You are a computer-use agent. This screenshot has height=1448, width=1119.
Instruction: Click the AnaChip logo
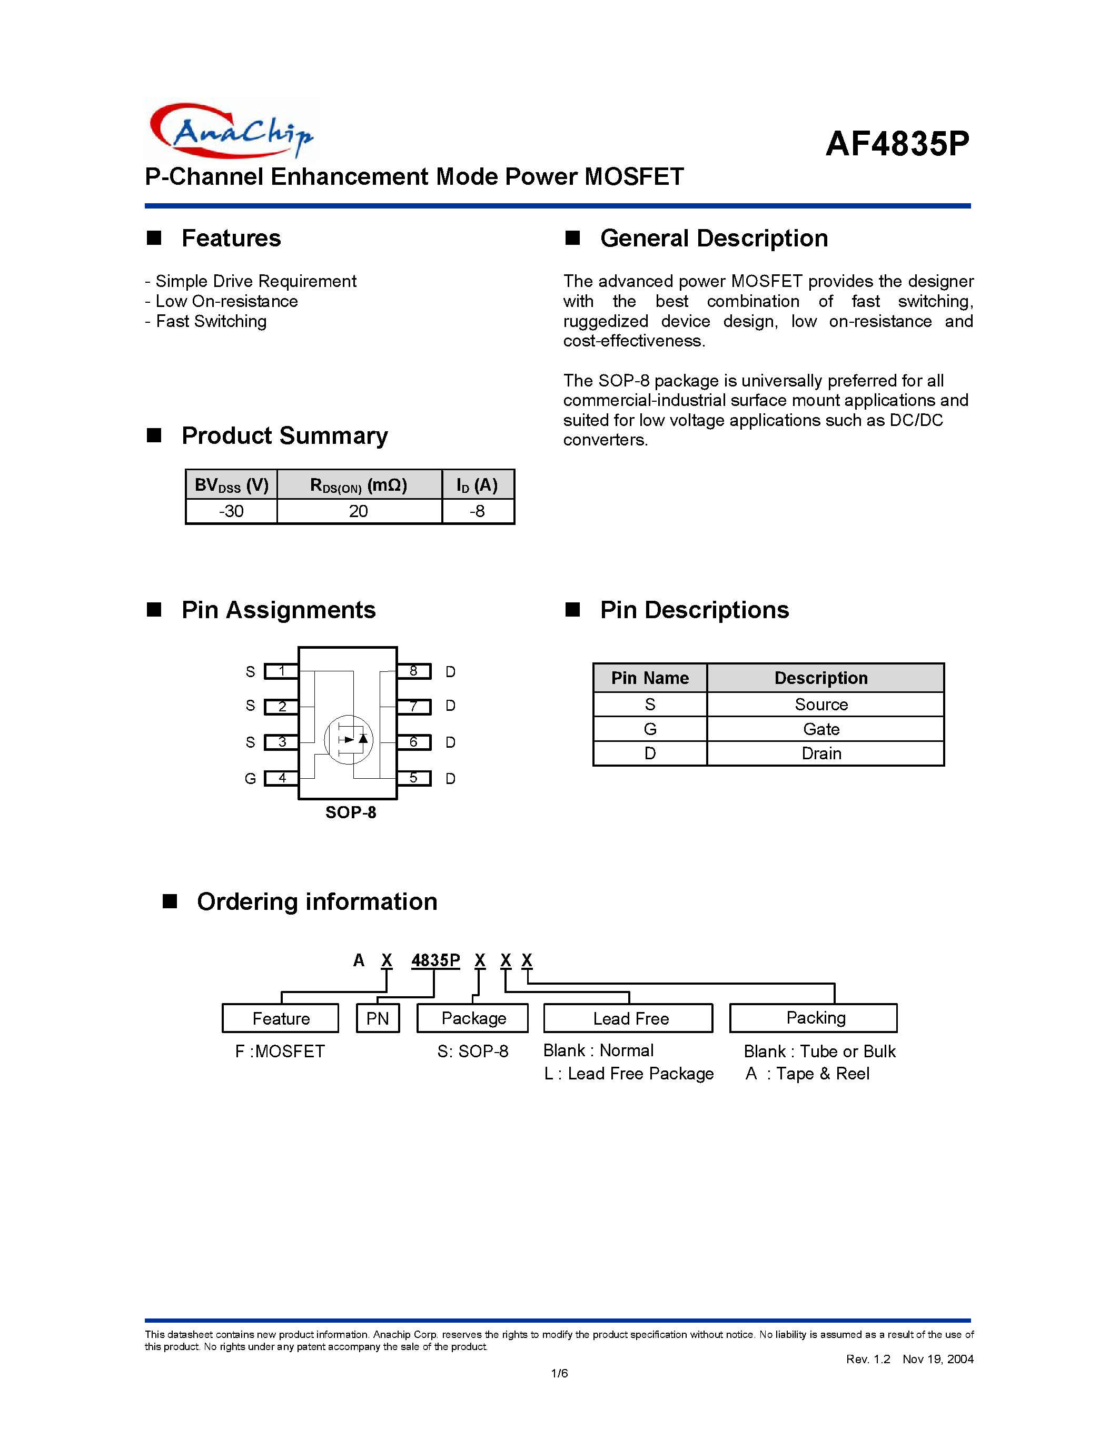click(231, 131)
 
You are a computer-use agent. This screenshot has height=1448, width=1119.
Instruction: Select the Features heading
click(231, 238)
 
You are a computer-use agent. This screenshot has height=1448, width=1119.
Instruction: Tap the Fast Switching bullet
click(206, 322)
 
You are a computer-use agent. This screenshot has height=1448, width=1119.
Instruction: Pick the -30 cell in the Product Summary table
click(231, 511)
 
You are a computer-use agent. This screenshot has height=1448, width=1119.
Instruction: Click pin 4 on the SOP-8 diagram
click(281, 778)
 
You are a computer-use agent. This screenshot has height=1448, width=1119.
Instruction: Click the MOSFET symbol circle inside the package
click(349, 739)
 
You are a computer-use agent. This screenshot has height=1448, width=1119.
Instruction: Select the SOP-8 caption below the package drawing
click(351, 813)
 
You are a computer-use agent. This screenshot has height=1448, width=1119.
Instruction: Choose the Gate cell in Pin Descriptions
click(821, 729)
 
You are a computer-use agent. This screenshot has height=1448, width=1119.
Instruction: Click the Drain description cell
click(821, 754)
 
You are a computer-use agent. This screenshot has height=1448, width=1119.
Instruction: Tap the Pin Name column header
click(650, 678)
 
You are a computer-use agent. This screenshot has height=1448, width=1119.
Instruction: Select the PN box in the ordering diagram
click(378, 1018)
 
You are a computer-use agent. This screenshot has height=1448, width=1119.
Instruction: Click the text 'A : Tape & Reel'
click(807, 1074)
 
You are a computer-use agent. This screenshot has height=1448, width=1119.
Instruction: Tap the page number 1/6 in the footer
click(559, 1373)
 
